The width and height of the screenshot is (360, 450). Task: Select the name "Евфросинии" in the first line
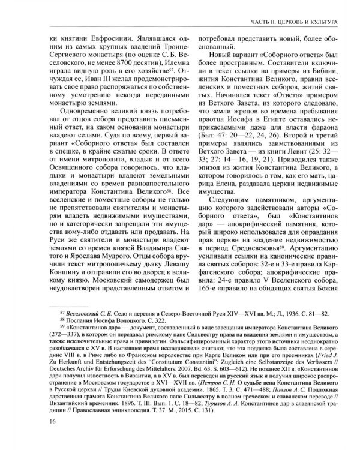pyautogui.click(x=89, y=44)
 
